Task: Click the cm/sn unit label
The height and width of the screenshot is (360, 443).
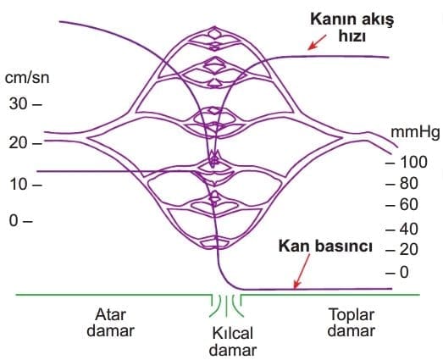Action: pyautogui.click(x=27, y=78)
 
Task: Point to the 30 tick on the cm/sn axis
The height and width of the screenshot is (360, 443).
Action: pyautogui.click(x=25, y=104)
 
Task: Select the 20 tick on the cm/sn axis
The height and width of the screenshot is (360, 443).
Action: pyautogui.click(x=25, y=143)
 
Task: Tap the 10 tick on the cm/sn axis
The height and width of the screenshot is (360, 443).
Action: pyautogui.click(x=25, y=185)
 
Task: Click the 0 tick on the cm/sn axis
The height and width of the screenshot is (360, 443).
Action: pyautogui.click(x=20, y=221)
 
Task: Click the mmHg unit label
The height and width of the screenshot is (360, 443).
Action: pyautogui.click(x=415, y=132)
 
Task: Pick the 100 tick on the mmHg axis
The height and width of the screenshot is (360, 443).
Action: pyautogui.click(x=407, y=162)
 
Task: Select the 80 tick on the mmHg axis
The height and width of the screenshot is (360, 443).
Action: pyautogui.click(x=401, y=184)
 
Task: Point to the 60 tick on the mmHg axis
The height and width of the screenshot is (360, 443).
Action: pyautogui.click(x=401, y=205)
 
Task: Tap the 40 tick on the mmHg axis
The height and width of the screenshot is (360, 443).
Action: pyautogui.click(x=401, y=229)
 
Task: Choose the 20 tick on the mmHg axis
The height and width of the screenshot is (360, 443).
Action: pyautogui.click(x=401, y=250)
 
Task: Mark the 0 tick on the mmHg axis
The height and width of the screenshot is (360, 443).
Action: pyautogui.click(x=397, y=273)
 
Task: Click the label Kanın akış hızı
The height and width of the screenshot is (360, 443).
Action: pyautogui.click(x=352, y=28)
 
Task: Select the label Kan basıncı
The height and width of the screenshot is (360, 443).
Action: pyautogui.click(x=325, y=246)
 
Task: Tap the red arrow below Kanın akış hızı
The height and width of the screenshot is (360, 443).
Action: pyautogui.click(x=317, y=42)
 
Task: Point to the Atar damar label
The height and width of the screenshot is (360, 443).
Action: pyautogui.click(x=110, y=323)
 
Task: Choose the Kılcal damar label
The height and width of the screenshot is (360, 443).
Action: pyautogui.click(x=233, y=341)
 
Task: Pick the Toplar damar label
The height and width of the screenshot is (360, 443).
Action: pyautogui.click(x=352, y=323)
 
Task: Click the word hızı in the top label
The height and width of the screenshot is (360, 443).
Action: pyautogui.click(x=352, y=36)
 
